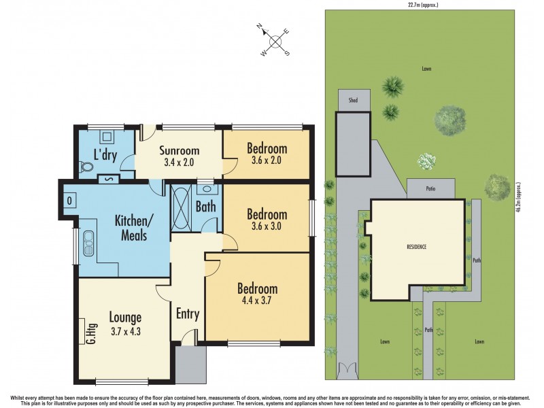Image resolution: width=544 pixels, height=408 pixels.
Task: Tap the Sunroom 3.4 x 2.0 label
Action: (x=180, y=156)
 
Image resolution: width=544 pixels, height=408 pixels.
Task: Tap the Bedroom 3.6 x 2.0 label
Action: (x=267, y=154)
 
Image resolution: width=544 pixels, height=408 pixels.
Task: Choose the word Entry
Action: (x=187, y=313)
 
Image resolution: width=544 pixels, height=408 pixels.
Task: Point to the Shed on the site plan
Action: (x=354, y=100)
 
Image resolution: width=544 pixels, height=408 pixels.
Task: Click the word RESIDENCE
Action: (x=415, y=247)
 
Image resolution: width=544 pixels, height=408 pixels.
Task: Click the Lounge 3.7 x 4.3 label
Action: (x=125, y=323)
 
